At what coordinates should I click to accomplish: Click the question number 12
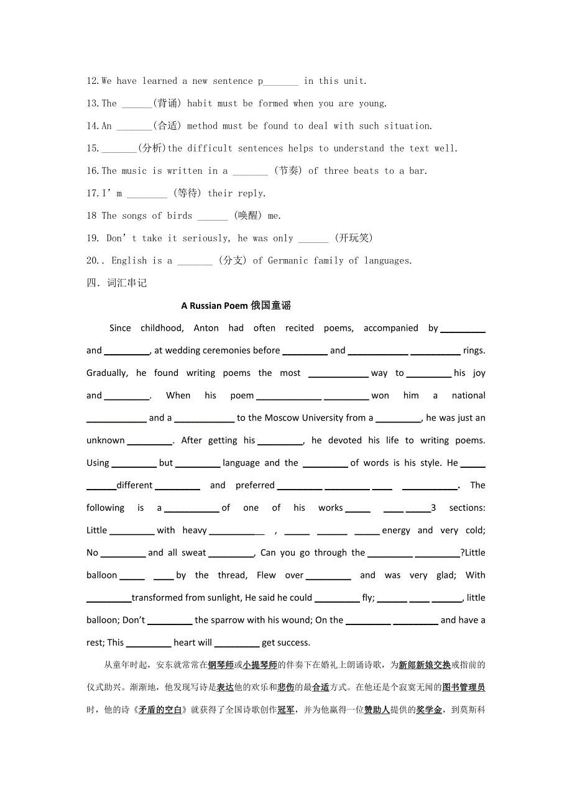[x=93, y=81]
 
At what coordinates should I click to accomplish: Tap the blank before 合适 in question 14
[x=133, y=126]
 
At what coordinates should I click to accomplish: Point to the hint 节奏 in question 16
[x=288, y=171]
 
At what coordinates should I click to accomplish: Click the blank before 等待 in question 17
[x=147, y=193]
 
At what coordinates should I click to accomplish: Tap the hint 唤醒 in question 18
[x=247, y=216]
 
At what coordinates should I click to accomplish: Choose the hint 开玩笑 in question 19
[x=353, y=238]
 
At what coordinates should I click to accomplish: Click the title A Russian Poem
[x=214, y=306]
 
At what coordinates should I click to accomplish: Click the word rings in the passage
[x=474, y=350]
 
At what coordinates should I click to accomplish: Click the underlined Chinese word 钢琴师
[x=220, y=665]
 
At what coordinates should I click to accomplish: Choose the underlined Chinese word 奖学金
[x=429, y=710]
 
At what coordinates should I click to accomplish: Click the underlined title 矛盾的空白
[x=160, y=710]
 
